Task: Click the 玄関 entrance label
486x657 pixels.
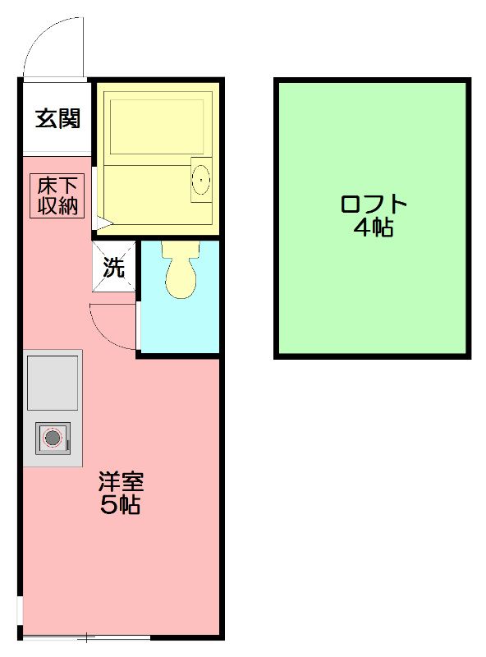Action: tap(57, 118)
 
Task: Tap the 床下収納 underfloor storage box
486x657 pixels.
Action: tap(57, 196)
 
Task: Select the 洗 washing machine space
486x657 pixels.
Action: tap(114, 266)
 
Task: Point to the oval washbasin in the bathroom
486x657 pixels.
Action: tap(201, 180)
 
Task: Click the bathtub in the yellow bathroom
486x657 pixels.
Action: tap(157, 127)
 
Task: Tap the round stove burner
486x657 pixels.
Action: tap(53, 439)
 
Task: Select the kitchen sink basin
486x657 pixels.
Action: tap(53, 383)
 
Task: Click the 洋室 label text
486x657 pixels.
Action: tap(121, 482)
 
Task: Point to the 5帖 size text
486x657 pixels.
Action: tap(120, 504)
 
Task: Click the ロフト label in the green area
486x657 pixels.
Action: tap(374, 204)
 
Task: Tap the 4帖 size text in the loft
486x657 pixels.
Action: tap(374, 227)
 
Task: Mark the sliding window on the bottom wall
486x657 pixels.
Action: tap(86, 638)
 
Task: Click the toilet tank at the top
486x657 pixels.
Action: tap(181, 249)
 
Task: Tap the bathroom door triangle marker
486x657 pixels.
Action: tap(103, 223)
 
